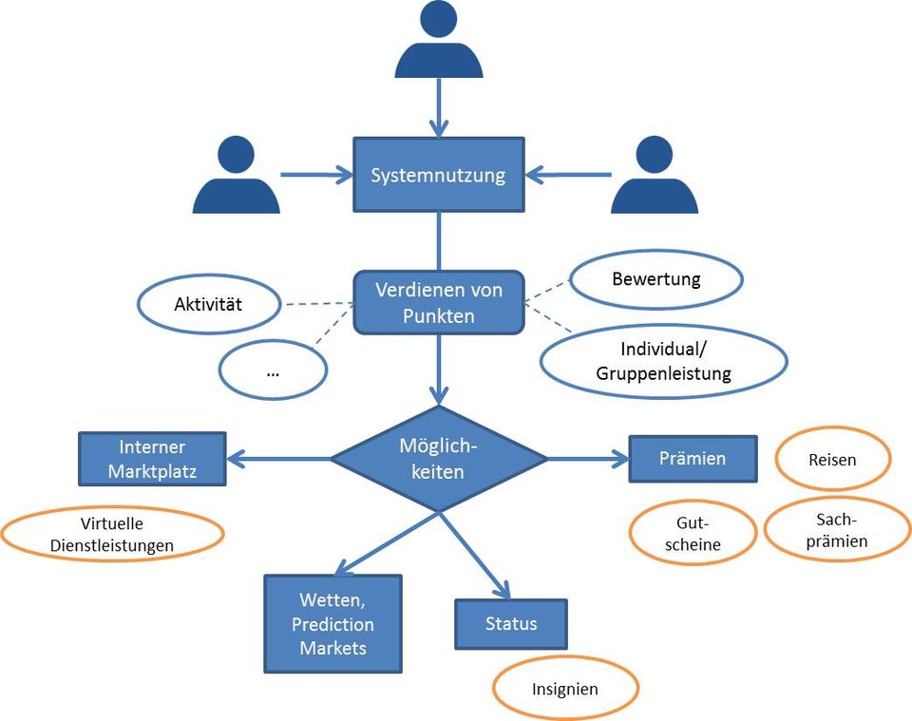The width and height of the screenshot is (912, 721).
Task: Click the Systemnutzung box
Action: click(438, 175)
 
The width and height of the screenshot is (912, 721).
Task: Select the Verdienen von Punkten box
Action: click(438, 301)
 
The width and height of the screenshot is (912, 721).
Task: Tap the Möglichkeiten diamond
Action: click(439, 458)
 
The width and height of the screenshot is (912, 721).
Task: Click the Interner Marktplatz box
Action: click(152, 459)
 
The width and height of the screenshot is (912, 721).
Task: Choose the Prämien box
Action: click(693, 459)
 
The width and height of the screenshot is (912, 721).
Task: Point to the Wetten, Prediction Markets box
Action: click(332, 624)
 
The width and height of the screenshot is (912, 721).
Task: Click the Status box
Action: click(511, 623)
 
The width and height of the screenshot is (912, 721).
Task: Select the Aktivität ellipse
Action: click(210, 305)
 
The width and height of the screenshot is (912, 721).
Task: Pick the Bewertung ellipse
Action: click(655, 279)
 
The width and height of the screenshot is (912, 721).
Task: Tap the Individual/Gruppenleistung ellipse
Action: click(663, 361)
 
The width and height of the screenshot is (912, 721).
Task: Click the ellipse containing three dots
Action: click(273, 370)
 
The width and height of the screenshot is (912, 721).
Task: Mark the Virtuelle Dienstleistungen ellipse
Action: click(112, 534)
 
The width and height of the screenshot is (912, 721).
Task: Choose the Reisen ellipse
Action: click(832, 460)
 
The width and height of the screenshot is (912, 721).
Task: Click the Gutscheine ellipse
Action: click(693, 533)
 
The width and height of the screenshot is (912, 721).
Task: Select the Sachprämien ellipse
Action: click(836, 530)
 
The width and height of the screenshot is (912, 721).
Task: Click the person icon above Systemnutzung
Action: click(438, 43)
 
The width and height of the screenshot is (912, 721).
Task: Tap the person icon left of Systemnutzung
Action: click(236, 177)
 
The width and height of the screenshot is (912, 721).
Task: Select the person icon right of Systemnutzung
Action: click(654, 177)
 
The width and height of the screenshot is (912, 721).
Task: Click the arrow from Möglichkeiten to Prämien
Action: click(588, 459)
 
